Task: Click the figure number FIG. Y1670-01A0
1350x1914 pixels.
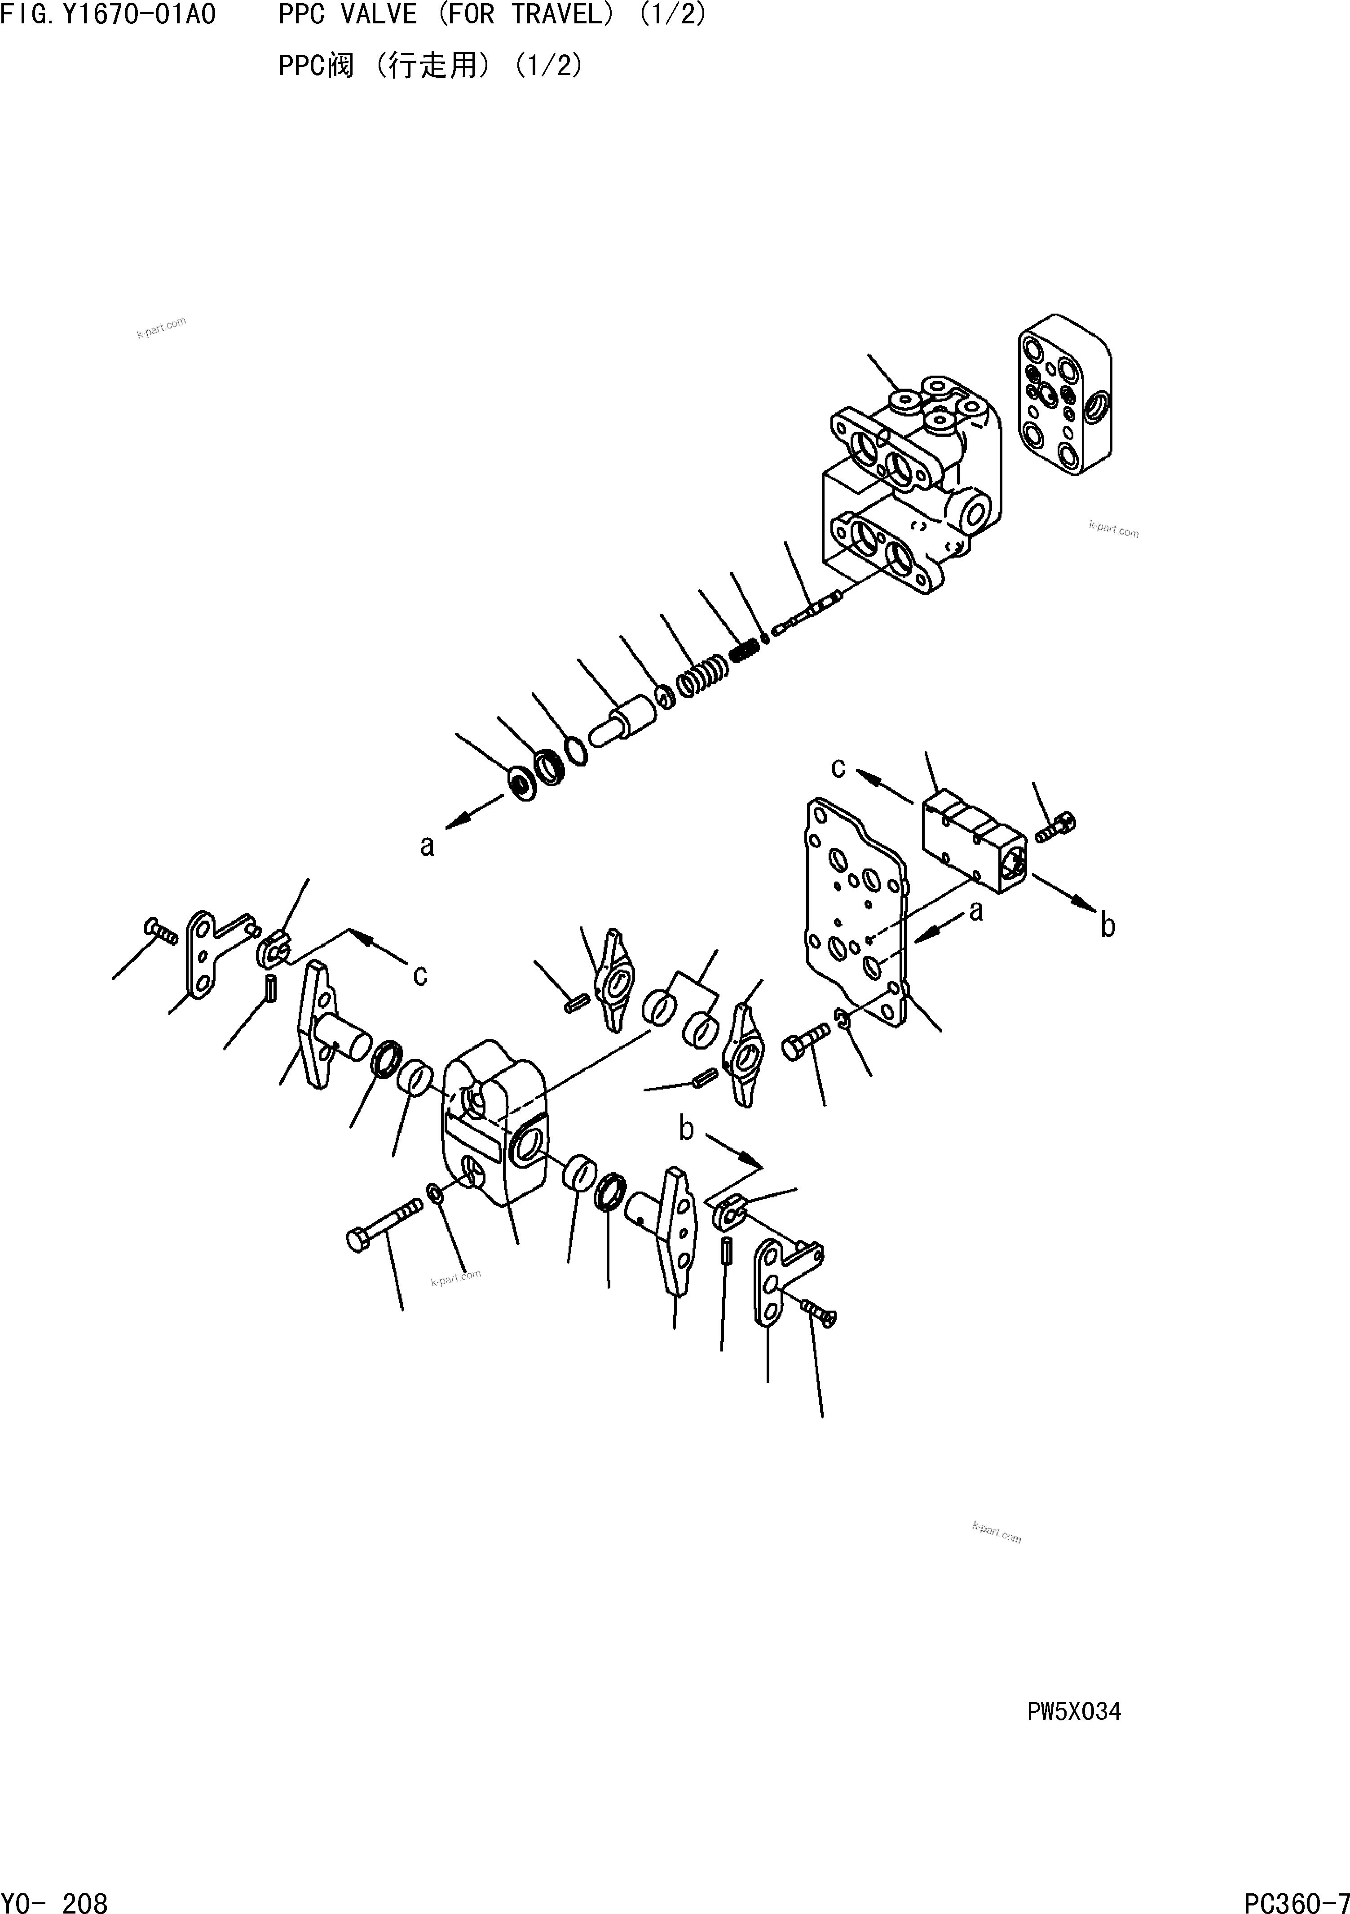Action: pyautogui.click(x=108, y=15)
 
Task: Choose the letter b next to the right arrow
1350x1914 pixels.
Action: pyautogui.click(x=1107, y=925)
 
